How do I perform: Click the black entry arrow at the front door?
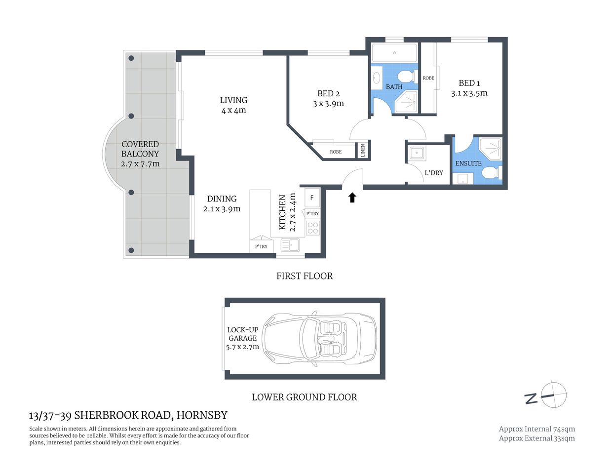point(352,197)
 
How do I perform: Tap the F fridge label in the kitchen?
point(312,198)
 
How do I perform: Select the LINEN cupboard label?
point(363,150)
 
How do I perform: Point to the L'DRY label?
point(434,173)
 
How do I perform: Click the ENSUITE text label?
point(468,163)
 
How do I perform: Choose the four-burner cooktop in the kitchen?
point(313,228)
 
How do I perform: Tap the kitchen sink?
point(290,244)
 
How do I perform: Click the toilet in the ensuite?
point(490,173)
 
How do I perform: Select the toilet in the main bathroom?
point(407,77)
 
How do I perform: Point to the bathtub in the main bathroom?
point(394,53)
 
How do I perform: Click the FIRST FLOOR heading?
point(305,276)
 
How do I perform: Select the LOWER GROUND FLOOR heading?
point(304,397)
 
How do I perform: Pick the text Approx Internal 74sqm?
point(536,429)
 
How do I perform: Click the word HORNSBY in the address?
point(202,415)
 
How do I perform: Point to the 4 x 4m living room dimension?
point(233,111)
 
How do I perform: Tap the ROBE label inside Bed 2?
point(336,152)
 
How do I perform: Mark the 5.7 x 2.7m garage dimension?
point(242,347)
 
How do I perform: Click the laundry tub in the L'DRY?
point(417,153)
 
